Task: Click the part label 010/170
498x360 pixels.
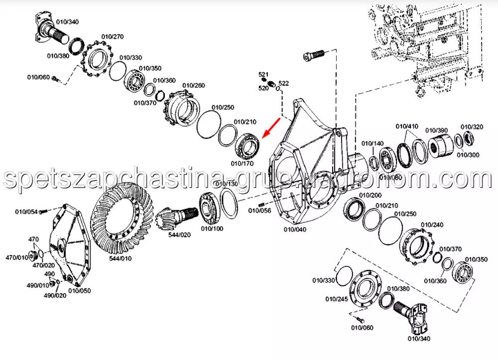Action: tap(242, 163)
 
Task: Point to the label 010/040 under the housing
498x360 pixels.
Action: tap(295, 229)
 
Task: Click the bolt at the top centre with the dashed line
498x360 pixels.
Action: tap(313, 56)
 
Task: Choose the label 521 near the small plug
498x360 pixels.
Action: tap(263, 74)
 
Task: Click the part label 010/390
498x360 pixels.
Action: tap(436, 130)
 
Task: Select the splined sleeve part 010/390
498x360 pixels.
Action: tap(441, 146)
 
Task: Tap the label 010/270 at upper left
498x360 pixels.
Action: tap(113, 37)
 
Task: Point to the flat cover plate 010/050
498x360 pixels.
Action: tap(70, 245)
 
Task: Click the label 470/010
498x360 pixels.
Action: tap(17, 257)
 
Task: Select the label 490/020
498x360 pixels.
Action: tap(55, 296)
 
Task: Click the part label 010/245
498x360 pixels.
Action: tap(337, 299)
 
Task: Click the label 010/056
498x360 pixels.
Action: tap(259, 211)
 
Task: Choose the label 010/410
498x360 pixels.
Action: tap(407, 126)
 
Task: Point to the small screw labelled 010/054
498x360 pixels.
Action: tap(43, 211)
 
